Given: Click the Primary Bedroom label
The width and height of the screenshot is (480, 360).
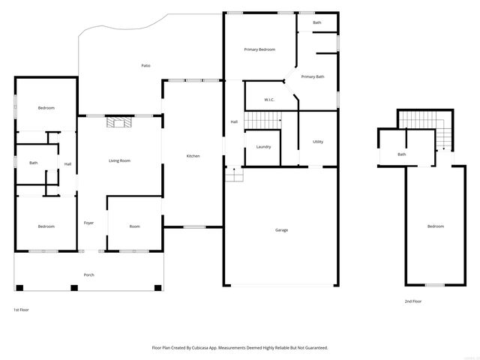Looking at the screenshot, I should coord(259,49).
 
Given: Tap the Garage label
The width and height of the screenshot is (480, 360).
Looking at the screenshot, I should coord(281,230).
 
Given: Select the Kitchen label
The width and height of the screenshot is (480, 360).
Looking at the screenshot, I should coord(193,156).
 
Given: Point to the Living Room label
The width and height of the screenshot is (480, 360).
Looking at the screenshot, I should coord(120,160).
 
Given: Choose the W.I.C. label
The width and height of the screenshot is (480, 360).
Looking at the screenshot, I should coord(269,100).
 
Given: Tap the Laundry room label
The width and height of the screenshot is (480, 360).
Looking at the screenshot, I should coord(263,146).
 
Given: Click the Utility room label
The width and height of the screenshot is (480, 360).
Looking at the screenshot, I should coord(318,142).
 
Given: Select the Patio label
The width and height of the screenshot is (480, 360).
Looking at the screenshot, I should coord(145,66).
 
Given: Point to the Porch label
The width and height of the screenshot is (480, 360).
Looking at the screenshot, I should coord(88,275).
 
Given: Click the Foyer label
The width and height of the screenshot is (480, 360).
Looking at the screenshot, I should coord(88,223).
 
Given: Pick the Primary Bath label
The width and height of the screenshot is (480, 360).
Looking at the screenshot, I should coord(313,76).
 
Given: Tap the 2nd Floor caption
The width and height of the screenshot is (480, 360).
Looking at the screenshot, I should coord(412,301).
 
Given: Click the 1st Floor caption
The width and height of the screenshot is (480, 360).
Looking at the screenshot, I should coord(22,310).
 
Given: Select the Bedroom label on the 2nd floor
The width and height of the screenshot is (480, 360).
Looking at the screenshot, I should coord(436,226).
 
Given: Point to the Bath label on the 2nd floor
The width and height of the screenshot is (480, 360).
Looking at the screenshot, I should coord(402,154).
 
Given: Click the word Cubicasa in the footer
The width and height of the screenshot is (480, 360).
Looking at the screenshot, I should coord(207,348).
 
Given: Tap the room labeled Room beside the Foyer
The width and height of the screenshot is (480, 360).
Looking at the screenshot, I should coord(134,226).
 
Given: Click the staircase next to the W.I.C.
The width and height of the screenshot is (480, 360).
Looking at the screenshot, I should coord(263,119).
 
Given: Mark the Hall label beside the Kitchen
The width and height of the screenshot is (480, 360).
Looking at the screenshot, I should coord(233,122).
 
